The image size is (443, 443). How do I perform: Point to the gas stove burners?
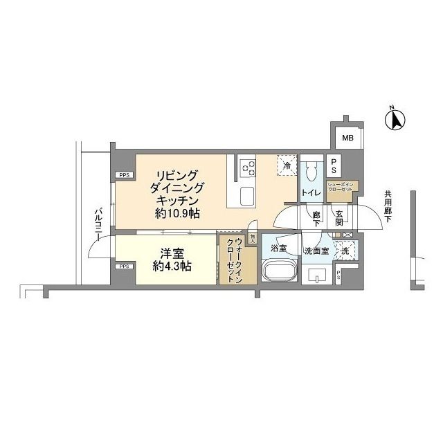(247, 168)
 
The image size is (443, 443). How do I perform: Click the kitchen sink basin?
(248, 196)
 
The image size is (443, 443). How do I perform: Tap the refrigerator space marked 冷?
(287, 165)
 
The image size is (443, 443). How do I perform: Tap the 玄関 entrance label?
(340, 218)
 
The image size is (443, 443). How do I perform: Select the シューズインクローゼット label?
(341, 188)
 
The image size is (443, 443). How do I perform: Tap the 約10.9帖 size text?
(178, 214)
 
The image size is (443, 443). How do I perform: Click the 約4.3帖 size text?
(172, 266)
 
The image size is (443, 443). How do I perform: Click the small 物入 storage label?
(253, 237)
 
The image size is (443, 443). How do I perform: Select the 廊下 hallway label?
(316, 219)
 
